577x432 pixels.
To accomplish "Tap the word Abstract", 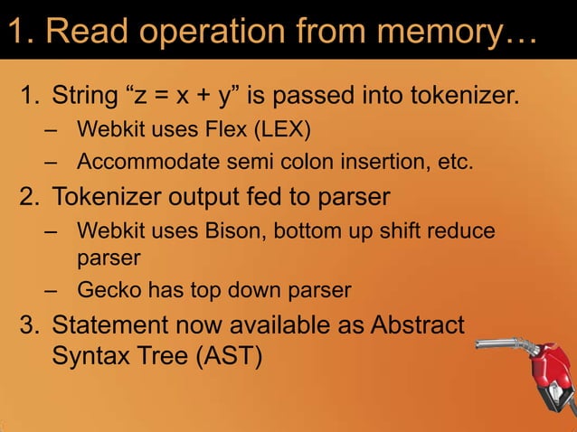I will coord(417,324).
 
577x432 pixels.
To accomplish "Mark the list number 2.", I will coord(30,196).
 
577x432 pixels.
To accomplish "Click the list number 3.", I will coord(30,324).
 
